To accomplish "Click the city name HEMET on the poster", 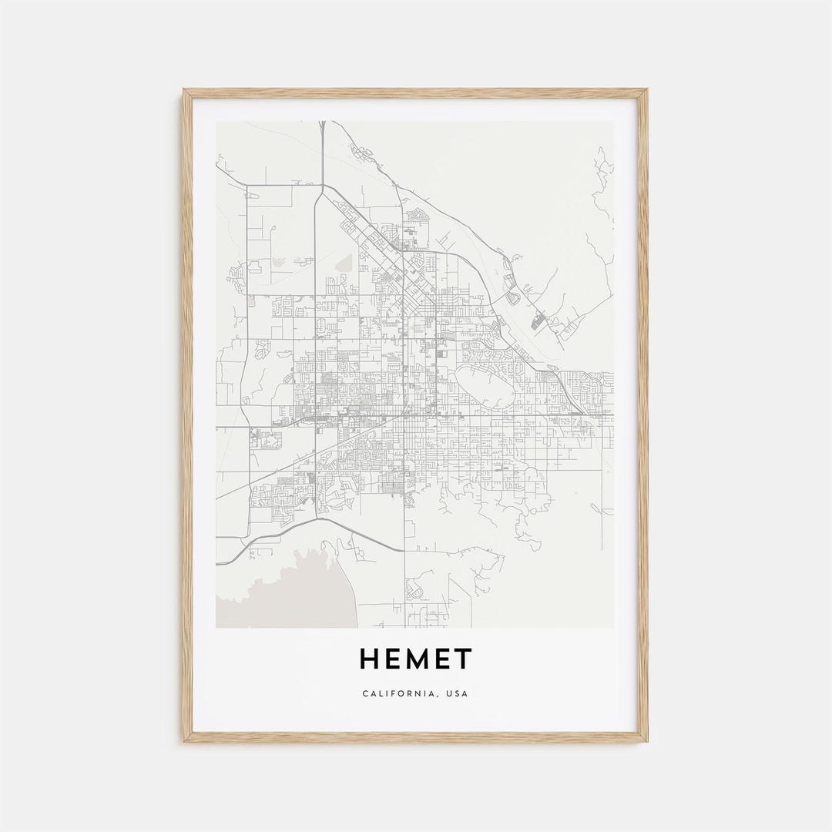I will pyautogui.click(x=415, y=659).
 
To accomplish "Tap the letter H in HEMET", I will pyautogui.click(x=368, y=659).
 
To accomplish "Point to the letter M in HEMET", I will pyautogui.click(x=418, y=659).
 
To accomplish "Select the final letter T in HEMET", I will pyautogui.click(x=462, y=659).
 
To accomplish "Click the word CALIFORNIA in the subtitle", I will pyautogui.click(x=399, y=693).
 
